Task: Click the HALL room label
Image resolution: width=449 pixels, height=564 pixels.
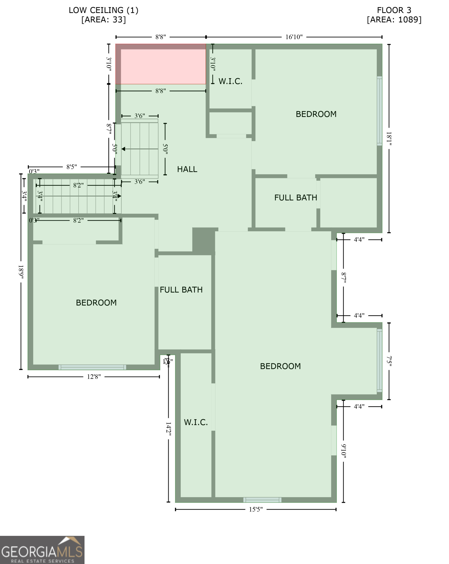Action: point(187,169)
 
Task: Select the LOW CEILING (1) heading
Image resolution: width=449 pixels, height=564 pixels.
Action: point(103,10)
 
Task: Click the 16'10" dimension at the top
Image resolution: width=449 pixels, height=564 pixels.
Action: point(294,37)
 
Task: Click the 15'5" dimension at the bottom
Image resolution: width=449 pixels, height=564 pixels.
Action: point(255,509)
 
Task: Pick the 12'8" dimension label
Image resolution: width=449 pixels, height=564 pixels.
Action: point(94,377)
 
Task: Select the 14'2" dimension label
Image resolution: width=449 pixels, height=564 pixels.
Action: point(168,428)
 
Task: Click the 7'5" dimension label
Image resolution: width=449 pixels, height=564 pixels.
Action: point(389,361)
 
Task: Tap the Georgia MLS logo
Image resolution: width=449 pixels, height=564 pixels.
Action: point(42,550)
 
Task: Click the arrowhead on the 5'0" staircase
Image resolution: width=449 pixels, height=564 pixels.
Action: point(123,149)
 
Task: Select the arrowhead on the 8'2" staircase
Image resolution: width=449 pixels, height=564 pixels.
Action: point(119,196)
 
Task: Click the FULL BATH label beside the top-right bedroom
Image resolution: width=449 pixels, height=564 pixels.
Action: point(295,198)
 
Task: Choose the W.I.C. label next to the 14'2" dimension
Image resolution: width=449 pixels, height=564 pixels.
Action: point(195,422)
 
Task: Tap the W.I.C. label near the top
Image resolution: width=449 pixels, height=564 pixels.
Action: point(231,81)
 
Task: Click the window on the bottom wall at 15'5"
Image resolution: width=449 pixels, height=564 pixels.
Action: point(262,500)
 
